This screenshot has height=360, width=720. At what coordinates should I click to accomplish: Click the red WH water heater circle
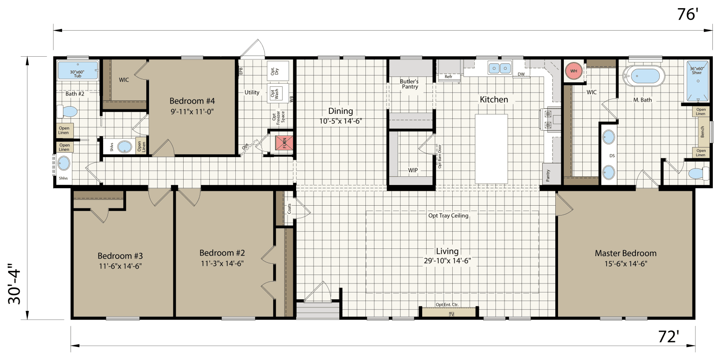[x=573, y=71]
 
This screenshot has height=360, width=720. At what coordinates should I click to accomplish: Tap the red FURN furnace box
[x=284, y=143]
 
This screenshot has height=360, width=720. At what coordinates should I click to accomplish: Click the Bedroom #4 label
[x=192, y=101]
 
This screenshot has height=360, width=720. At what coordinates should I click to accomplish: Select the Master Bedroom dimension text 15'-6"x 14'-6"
[x=625, y=264]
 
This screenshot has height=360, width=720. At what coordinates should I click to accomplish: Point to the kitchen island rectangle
[x=491, y=148]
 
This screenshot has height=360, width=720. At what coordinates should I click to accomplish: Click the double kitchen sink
[x=499, y=68]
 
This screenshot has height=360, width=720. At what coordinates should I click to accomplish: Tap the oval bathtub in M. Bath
[x=643, y=76]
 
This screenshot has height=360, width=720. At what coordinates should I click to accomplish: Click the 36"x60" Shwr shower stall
[x=697, y=81]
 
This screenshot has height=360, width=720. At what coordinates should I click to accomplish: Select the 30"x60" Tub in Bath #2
[x=77, y=71]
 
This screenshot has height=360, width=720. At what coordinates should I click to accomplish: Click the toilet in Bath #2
[x=67, y=111]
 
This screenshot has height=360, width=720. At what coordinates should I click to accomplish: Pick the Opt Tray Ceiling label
[x=448, y=216]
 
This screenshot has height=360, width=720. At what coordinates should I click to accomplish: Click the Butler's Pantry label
[x=409, y=84]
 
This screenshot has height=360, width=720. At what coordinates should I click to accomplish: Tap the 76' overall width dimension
[x=687, y=15]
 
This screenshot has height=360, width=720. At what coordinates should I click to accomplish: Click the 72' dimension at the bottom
[x=669, y=337]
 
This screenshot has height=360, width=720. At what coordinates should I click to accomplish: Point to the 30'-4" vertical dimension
[x=14, y=284]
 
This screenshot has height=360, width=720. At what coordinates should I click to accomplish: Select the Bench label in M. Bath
[x=702, y=132]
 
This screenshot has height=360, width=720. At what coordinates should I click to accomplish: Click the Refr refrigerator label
[x=448, y=76]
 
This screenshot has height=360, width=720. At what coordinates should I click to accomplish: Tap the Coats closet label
[x=289, y=208]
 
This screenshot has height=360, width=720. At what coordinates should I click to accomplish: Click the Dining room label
[x=340, y=111]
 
